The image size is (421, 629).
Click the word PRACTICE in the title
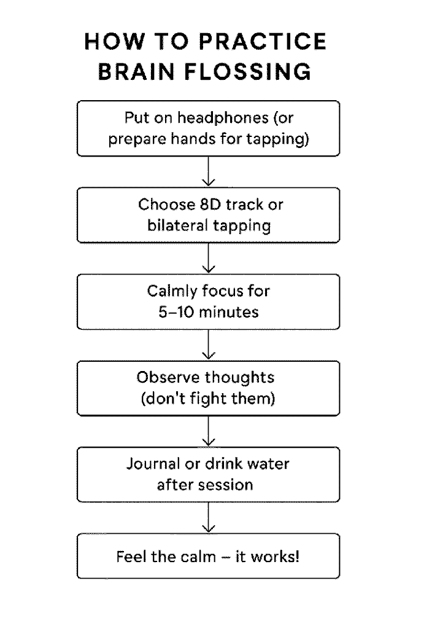coord(263,41)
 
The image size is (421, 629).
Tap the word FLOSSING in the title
coord(247,72)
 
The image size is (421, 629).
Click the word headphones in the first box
coord(223,117)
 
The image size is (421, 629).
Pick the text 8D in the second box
coord(210,205)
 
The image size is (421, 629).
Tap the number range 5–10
coord(176,312)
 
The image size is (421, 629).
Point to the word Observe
coord(168,378)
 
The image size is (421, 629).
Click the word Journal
coord(153,464)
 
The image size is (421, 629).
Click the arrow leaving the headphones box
coord(209,171)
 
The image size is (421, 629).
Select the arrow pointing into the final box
coord(209,517)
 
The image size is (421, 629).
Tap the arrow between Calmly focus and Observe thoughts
coord(209,345)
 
